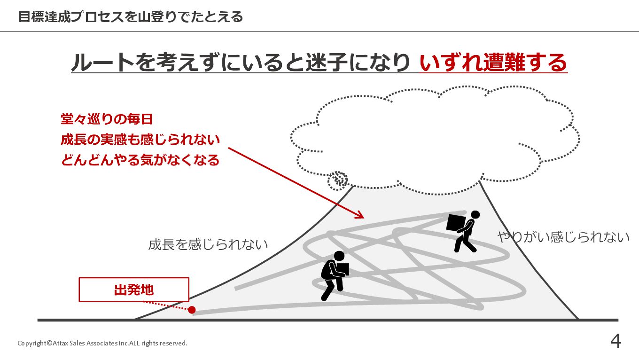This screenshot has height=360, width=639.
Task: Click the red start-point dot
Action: point(192,310)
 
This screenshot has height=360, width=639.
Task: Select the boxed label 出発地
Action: point(134,290)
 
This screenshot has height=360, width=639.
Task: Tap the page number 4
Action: point(616,341)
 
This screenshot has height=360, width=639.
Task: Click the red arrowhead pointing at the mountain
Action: point(360,215)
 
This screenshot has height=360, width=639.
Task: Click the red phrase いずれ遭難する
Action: point(493,63)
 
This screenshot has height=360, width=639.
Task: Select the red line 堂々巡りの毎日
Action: point(107,119)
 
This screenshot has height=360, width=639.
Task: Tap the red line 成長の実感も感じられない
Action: point(140,140)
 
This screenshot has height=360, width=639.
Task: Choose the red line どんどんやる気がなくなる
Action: point(140,160)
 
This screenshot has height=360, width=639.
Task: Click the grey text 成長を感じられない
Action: point(208,244)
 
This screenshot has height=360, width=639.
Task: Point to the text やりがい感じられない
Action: point(563,237)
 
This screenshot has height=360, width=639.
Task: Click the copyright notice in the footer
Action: point(102,343)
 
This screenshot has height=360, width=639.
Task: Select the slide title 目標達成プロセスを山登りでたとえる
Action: point(131,17)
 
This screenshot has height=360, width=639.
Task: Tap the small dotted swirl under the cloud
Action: point(338,180)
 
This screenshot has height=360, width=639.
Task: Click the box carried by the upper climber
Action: point(455,223)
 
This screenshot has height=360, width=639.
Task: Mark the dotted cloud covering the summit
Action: point(435,139)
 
